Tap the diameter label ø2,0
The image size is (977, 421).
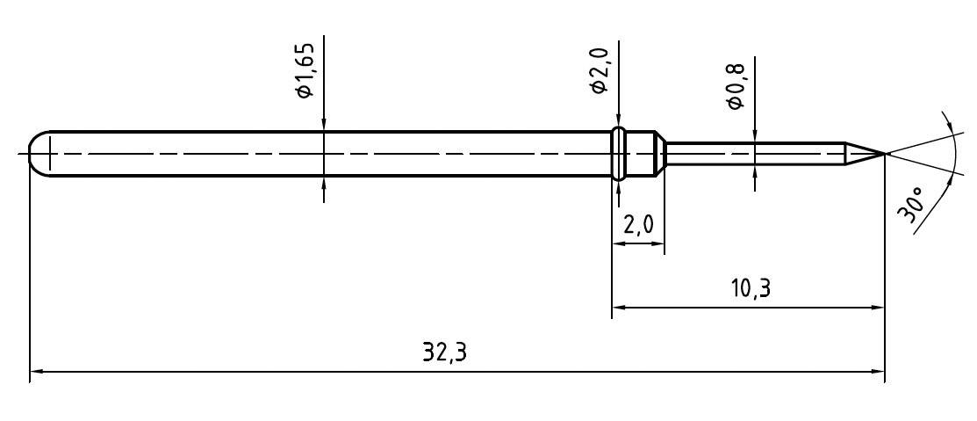600,72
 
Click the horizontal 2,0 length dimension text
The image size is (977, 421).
638,225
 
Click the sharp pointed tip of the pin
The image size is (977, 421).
883,154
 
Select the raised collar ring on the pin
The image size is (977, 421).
619,154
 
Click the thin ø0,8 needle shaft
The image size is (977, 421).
755,154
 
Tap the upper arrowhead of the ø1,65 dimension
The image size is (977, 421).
324,125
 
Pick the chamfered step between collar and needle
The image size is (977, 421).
658,154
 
